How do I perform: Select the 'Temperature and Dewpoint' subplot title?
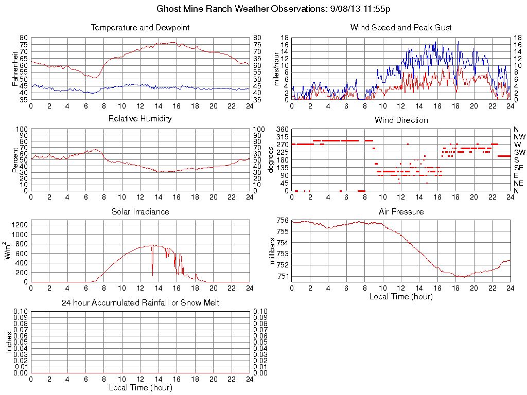(x=140, y=27)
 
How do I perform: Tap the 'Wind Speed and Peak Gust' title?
(x=401, y=27)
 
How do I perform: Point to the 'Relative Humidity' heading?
(x=140, y=119)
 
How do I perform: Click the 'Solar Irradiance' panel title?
(x=140, y=211)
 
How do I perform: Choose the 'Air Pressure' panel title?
(x=401, y=211)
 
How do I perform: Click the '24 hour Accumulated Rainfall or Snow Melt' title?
(x=140, y=303)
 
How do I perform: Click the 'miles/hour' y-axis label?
(x=276, y=69)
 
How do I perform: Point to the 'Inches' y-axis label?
(x=9, y=342)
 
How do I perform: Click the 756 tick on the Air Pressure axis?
(x=282, y=221)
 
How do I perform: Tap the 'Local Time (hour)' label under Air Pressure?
(x=401, y=296)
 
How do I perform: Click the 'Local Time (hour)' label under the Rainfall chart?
(x=140, y=387)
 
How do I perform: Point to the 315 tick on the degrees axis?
(x=282, y=137)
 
